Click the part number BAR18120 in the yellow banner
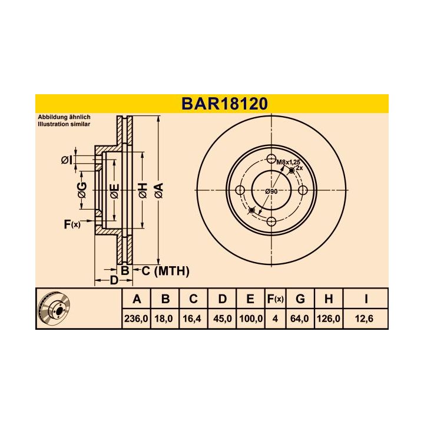pos(225,104)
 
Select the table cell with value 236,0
pos(136,319)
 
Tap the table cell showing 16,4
pos(192,319)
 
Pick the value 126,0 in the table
pos(328,319)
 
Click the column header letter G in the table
pos(300,299)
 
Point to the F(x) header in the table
pos(275,299)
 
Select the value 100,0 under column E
pos(251,319)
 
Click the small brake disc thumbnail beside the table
pos(54,309)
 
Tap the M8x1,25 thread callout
pos(288,163)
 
